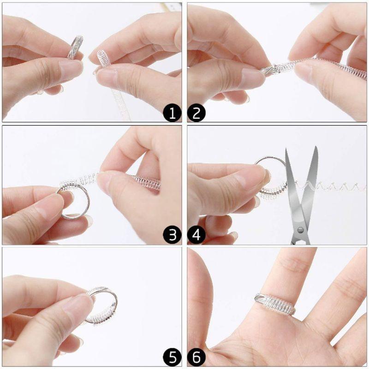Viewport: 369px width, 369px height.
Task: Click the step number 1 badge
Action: click(173, 113)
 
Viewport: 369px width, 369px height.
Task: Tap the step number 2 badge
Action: click(196, 113)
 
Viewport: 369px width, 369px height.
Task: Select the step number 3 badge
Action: click(173, 235)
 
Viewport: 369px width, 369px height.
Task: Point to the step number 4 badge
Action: click(196, 235)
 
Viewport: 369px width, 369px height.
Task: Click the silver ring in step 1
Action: click(75, 48)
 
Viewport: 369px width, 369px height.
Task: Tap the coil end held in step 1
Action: click(103, 59)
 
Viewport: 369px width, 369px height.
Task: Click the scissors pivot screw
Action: click(301, 229)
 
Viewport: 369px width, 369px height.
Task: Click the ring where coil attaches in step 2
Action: click(270, 70)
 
